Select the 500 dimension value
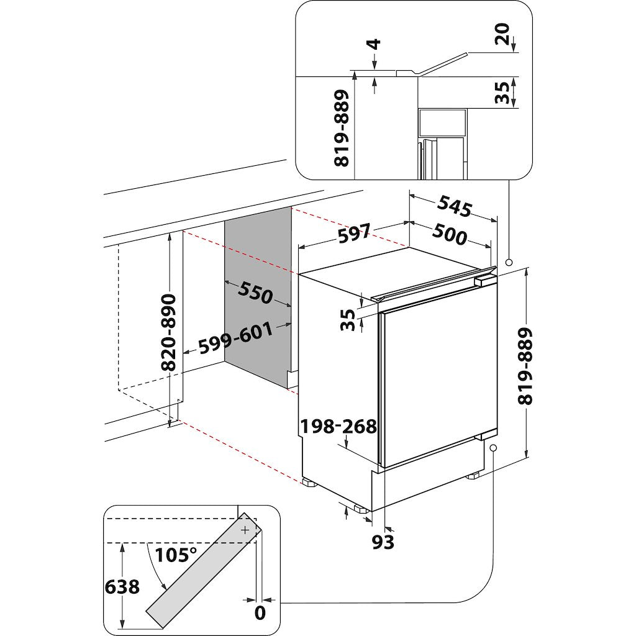(x=449, y=235)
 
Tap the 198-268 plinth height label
(x=338, y=427)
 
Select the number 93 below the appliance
(x=383, y=542)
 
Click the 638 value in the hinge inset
(x=122, y=586)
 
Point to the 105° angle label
(x=176, y=555)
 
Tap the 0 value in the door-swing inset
(x=260, y=612)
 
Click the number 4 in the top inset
(x=375, y=45)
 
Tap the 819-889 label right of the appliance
(x=526, y=367)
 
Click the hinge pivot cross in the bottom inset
(x=245, y=530)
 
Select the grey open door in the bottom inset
(x=205, y=571)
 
